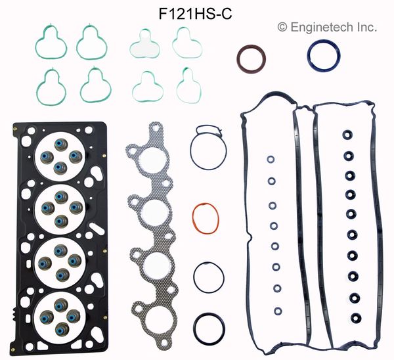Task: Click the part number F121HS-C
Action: pyautogui.click(x=195, y=14)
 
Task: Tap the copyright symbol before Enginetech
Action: pyautogui.click(x=282, y=27)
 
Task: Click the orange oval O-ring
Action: pyautogui.click(x=193, y=218)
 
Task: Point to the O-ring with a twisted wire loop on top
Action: pyautogui.click(x=190, y=151)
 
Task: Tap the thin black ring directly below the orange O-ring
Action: pyautogui.click(x=194, y=277)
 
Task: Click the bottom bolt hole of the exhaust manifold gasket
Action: pyautogui.click(x=164, y=343)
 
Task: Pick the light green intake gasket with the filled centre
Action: pyautogui.click(x=144, y=46)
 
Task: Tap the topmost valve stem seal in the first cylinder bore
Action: pyautogui.click(x=61, y=145)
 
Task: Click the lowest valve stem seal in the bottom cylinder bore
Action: pyautogui.click(x=61, y=328)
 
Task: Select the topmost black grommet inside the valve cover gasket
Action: pyautogui.click(x=347, y=135)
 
